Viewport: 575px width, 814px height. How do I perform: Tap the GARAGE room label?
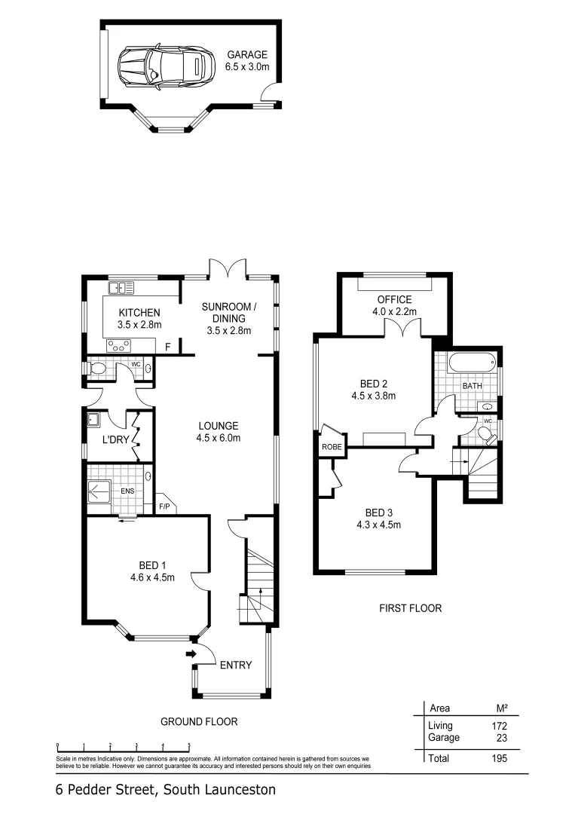247,55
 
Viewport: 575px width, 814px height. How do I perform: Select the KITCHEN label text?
139,313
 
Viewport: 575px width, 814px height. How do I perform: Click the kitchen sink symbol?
121,287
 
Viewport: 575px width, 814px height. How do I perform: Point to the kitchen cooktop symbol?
119,346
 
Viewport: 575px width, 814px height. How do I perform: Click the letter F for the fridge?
168,347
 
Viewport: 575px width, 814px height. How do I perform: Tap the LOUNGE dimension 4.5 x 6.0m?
218,438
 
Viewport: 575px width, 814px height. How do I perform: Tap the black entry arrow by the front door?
190,653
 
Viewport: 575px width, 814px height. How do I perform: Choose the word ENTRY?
235,665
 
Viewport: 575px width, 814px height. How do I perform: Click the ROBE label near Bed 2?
332,447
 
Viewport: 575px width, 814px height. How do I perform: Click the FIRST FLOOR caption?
411,607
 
